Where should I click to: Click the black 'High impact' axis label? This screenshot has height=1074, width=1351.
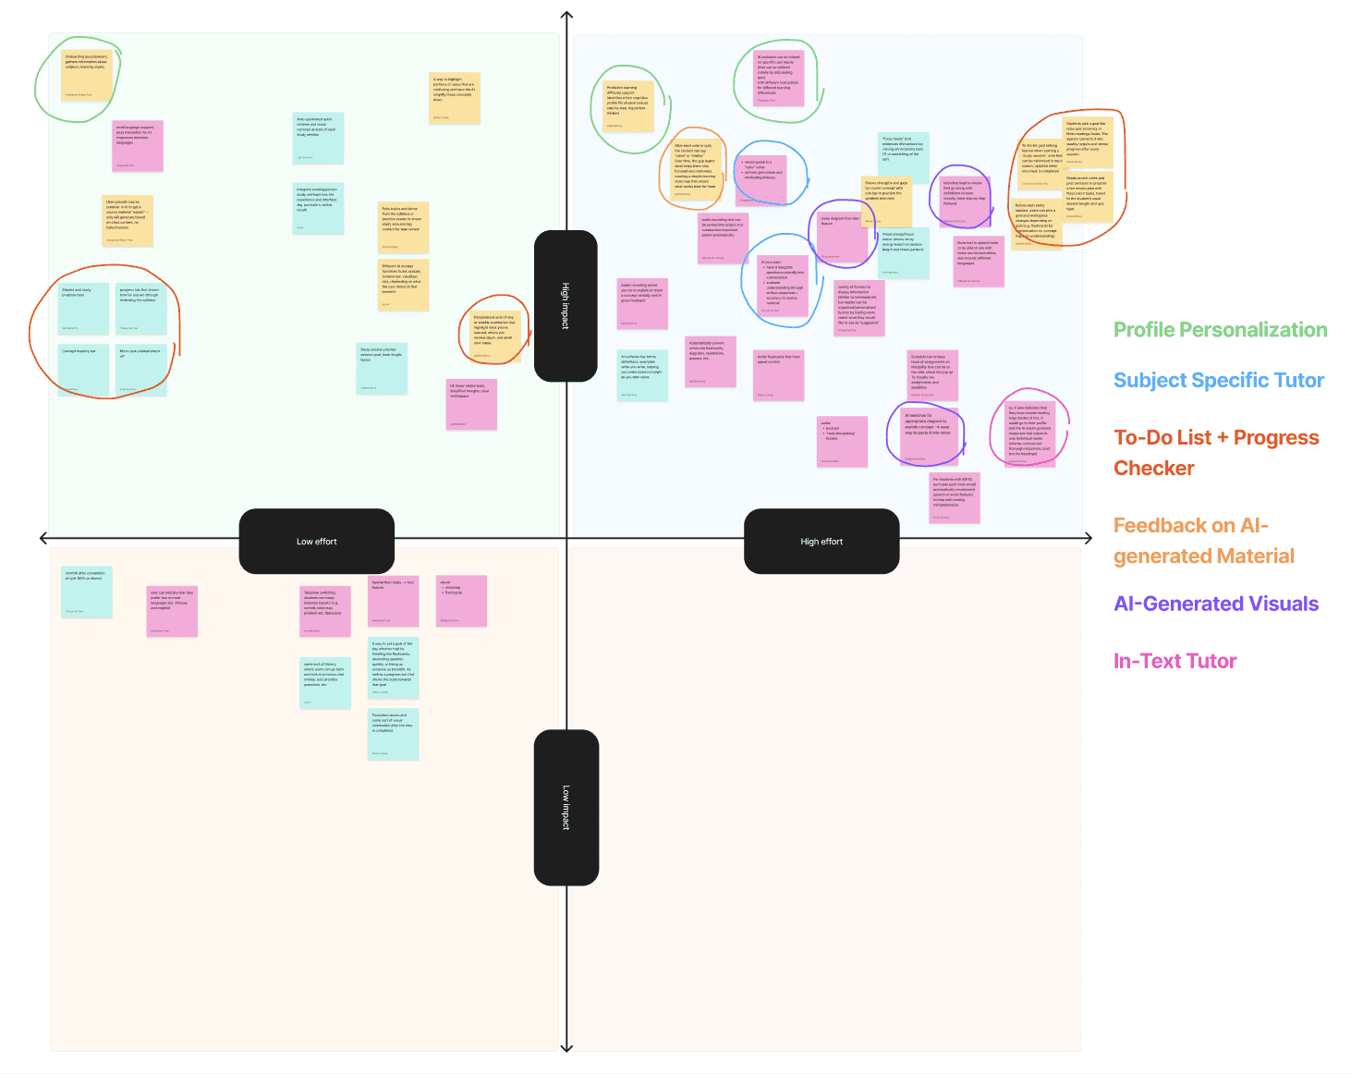(x=566, y=306)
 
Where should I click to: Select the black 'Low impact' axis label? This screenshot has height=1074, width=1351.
(x=566, y=807)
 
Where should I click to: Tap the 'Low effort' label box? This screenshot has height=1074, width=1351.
(x=316, y=542)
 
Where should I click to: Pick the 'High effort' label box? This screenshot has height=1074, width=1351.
(x=822, y=542)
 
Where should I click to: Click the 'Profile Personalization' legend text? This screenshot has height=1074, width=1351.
(x=1220, y=330)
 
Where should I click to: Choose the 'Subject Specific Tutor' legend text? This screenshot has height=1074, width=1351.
(x=1218, y=380)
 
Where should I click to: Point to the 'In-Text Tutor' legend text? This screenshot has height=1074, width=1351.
(x=1175, y=661)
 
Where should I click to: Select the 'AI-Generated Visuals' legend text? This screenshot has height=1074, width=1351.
(x=1216, y=604)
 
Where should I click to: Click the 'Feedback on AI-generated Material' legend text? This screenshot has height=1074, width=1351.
(x=1203, y=541)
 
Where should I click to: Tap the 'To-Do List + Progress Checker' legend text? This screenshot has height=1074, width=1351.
(x=1215, y=452)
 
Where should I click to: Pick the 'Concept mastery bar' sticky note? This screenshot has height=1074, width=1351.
(x=83, y=370)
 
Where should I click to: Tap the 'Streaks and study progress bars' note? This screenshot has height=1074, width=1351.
(x=83, y=309)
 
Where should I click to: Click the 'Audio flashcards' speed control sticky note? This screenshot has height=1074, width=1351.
(x=778, y=375)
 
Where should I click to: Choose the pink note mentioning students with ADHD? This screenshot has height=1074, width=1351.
(x=955, y=498)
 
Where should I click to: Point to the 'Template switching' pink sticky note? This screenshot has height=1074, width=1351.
(x=325, y=611)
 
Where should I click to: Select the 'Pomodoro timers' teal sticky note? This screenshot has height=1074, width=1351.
(x=393, y=734)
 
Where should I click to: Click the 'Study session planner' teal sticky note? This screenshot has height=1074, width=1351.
(x=382, y=368)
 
